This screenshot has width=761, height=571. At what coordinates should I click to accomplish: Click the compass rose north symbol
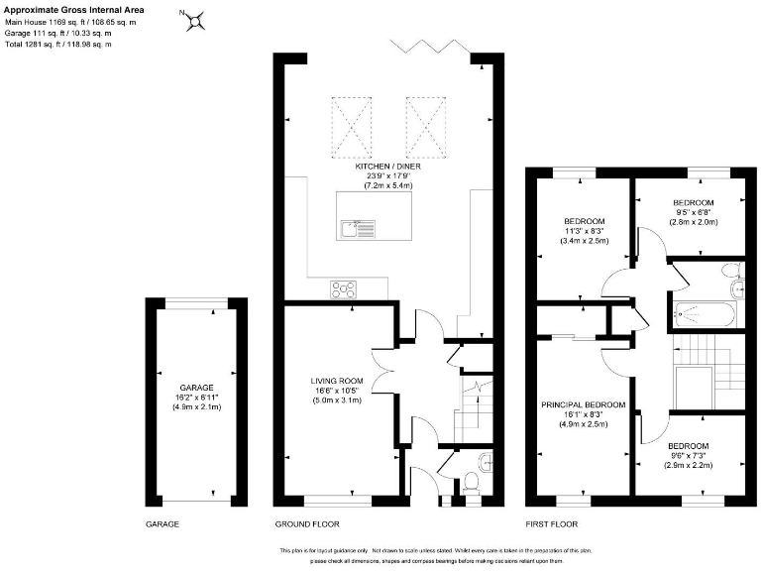coord(196,19)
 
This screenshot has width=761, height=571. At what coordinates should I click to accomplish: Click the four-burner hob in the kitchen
coord(345,289)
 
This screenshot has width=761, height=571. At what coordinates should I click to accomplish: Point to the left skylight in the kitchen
coord(348,127)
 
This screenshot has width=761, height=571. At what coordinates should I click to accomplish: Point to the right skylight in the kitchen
coord(421,127)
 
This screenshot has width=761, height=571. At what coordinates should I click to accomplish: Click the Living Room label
coord(337,381)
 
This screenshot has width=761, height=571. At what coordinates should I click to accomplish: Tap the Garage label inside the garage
coord(196,388)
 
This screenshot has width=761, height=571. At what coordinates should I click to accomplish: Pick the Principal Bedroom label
coord(583,405)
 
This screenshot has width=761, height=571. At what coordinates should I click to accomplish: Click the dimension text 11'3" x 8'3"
coord(584,231)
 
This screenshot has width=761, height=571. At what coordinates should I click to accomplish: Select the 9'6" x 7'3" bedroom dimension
coord(688,455)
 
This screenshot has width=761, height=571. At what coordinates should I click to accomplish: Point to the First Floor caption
coord(551,522)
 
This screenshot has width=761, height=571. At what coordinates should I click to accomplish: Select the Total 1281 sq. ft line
coord(57,45)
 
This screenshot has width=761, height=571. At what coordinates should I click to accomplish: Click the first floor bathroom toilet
coord(730,272)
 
